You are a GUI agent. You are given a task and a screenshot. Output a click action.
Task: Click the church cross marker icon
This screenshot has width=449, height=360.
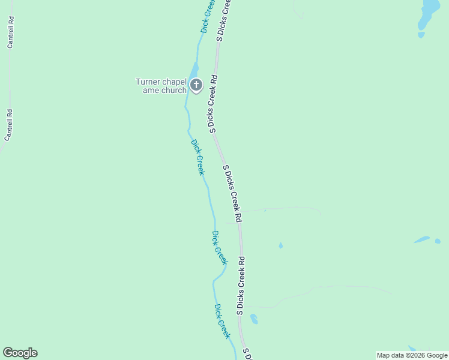click(196, 85)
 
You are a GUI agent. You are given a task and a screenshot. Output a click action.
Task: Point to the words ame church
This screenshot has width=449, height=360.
click(164, 91)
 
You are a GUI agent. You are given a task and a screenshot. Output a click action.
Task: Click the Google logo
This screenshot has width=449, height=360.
click(20, 353)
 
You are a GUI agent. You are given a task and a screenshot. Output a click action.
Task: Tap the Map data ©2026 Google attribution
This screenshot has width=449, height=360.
click(412, 355)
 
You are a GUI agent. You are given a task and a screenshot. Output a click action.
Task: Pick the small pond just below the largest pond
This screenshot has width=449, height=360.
click(421, 35)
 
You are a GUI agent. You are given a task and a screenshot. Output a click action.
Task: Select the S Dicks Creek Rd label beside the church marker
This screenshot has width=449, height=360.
click(212, 103)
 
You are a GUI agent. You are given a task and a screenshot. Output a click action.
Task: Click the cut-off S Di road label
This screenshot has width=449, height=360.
click(246, 353)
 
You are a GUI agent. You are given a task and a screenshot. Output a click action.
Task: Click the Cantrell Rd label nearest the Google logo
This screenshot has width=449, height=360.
click(8, 125)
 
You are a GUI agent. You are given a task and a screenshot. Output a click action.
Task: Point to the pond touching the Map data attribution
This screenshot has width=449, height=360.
click(412, 348)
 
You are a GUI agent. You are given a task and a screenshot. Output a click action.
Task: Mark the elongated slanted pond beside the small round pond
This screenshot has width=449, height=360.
click(422, 239)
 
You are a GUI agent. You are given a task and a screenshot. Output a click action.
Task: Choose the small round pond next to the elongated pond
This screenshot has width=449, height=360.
click(438, 241)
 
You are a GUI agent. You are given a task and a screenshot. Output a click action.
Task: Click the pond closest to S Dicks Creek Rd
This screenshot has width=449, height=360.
click(254, 319)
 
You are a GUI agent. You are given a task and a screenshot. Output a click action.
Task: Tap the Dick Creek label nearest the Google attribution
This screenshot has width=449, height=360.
click(222, 321)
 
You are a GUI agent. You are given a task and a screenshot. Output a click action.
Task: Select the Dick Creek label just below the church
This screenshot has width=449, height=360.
click(197, 157)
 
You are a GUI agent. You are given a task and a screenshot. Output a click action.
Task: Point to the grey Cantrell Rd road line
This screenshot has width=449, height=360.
click(10, 78)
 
